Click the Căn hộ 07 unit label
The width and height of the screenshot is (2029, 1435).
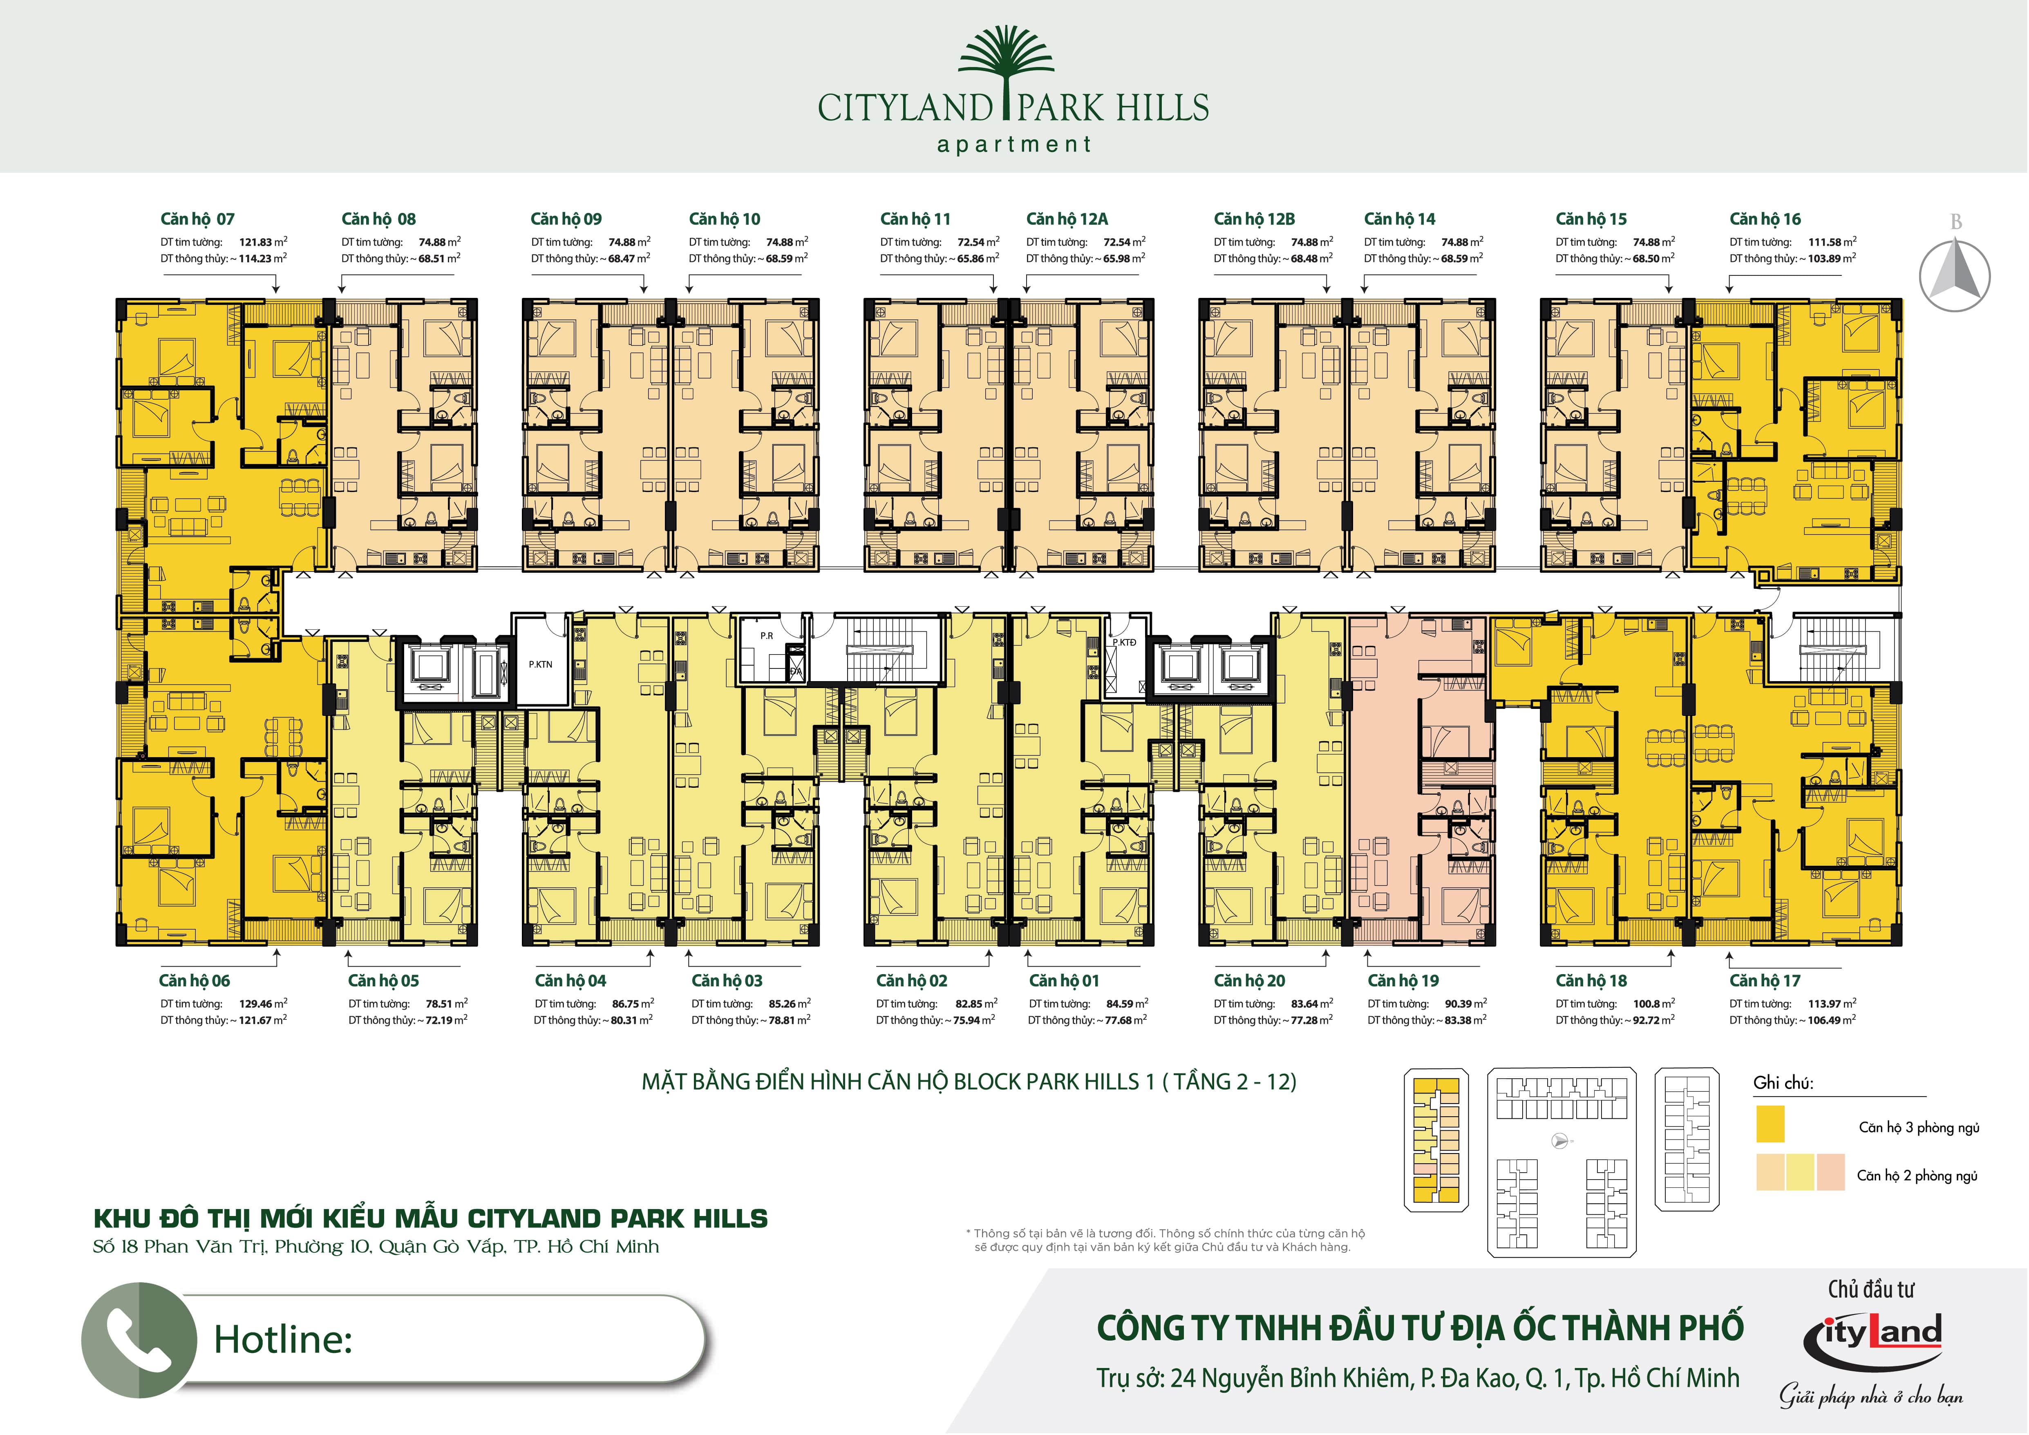(x=197, y=219)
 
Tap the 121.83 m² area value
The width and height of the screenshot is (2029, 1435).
(x=263, y=241)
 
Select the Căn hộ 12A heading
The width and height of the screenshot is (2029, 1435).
(x=1067, y=219)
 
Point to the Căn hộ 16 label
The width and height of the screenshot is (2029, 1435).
(x=1765, y=219)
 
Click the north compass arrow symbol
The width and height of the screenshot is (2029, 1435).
(x=1955, y=275)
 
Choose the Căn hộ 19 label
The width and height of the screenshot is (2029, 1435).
(x=1403, y=981)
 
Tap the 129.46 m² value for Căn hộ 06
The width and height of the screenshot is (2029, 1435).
(x=263, y=1004)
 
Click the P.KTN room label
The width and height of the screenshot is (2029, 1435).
(x=540, y=664)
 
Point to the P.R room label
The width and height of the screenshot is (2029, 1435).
(x=766, y=635)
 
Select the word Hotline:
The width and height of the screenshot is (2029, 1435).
(x=283, y=1339)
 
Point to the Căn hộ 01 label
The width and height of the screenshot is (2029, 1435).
(x=1064, y=981)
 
